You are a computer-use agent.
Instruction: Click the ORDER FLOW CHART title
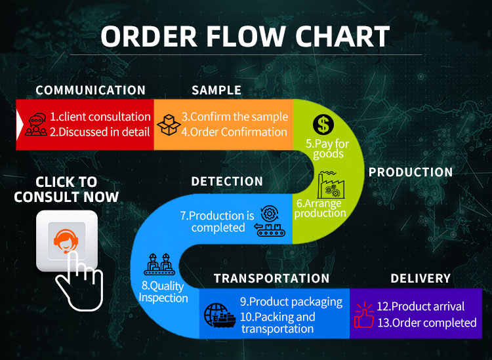245,37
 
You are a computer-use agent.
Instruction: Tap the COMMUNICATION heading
91,90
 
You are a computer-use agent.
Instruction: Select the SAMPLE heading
216,90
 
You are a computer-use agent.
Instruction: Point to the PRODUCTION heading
411,172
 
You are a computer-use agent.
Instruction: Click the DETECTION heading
227,182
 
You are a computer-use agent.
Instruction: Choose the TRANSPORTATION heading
272,279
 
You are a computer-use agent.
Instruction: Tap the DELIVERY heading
420,279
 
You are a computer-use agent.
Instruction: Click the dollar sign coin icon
323,123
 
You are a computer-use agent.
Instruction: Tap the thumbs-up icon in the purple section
363,314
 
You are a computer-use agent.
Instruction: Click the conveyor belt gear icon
270,220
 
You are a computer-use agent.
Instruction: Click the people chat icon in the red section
36,125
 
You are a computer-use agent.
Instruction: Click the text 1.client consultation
100,117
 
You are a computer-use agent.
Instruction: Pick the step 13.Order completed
426,323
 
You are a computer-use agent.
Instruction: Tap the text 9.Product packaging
291,302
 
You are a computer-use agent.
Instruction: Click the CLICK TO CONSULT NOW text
66,189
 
